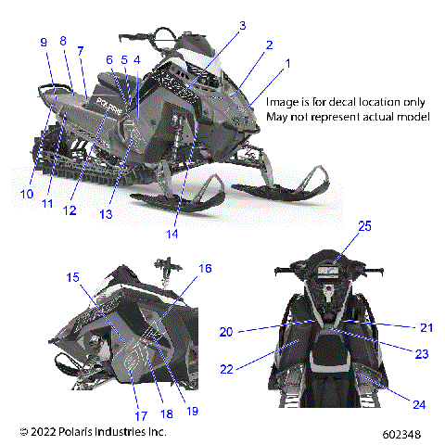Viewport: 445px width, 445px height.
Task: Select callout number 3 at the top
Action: tap(242, 27)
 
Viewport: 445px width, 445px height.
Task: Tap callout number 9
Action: tap(44, 42)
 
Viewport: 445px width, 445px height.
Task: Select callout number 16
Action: tap(206, 268)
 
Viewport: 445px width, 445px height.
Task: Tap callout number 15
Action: tap(73, 277)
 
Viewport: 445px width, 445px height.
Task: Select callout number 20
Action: tap(225, 331)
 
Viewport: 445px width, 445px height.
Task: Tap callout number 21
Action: tap(426, 327)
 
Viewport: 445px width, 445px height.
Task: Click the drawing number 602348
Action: tap(403, 434)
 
